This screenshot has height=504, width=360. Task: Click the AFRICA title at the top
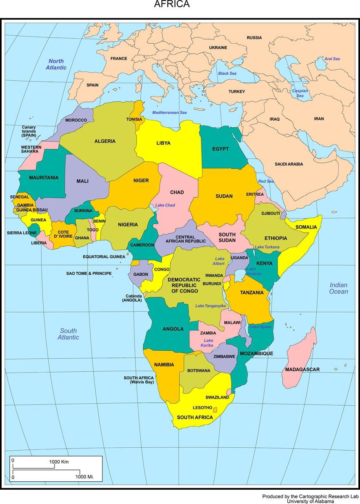[x=172, y=4]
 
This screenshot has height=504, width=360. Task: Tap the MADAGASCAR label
[x=302, y=370]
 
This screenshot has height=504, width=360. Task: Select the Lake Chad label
[x=165, y=205]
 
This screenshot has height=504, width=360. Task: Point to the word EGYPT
[x=220, y=149]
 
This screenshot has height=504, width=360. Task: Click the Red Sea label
[x=266, y=181]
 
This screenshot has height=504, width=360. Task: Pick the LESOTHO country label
[x=202, y=407]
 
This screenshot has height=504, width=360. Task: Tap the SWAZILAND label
[x=217, y=397]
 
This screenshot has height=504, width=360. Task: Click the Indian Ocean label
[x=339, y=288]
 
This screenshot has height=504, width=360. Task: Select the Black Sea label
[x=227, y=73]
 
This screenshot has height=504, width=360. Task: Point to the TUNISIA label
[x=134, y=119]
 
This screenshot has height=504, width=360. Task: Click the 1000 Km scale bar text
[x=59, y=462]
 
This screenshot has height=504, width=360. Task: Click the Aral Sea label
[x=332, y=59]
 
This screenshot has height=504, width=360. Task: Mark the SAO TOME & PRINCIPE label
[x=89, y=273]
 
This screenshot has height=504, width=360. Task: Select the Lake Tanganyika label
[x=210, y=306]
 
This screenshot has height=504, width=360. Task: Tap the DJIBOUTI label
[x=271, y=213]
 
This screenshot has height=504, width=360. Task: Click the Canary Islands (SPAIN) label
[x=29, y=131]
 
